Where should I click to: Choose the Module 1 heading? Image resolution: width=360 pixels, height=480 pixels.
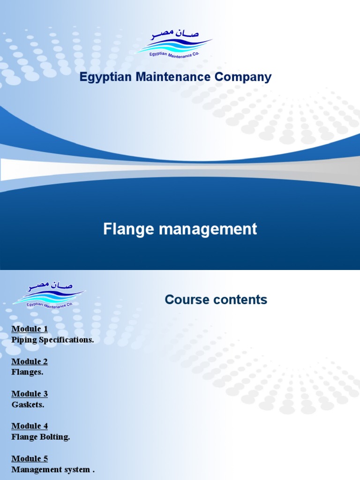point(30,329)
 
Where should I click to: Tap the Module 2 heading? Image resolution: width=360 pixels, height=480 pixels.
point(30,361)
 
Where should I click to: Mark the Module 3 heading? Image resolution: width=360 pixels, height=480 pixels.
point(30,394)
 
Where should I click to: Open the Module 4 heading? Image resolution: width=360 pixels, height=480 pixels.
point(30,426)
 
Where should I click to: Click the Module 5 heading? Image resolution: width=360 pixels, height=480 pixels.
point(30,458)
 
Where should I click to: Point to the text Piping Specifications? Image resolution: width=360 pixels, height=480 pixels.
point(52,340)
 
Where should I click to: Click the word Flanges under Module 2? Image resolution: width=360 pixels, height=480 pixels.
point(27,372)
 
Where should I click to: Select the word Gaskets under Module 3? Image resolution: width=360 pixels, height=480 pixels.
point(28,405)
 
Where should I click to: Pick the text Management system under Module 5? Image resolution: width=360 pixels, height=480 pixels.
point(51,469)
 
